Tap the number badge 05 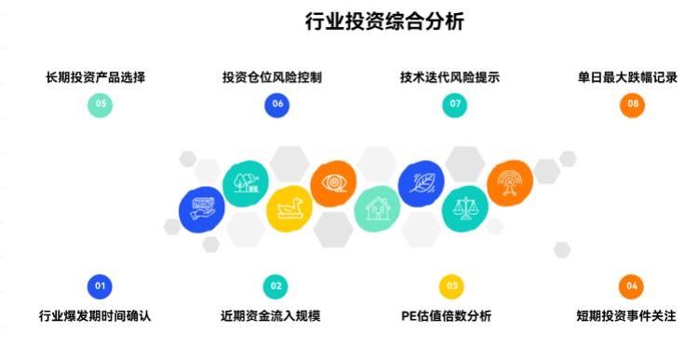pyautogui.click(x=101, y=105)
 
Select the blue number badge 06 pyautogui.click(x=276, y=105)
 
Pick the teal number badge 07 pyautogui.click(x=454, y=105)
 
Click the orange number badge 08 pyautogui.click(x=633, y=105)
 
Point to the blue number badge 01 pyautogui.click(x=101, y=287)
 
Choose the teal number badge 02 pyautogui.click(x=276, y=287)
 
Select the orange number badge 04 pyautogui.click(x=632, y=287)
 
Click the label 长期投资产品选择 pyautogui.click(x=95, y=77)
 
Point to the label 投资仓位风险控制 pyautogui.click(x=272, y=77)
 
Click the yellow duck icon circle pyautogui.click(x=289, y=209)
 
